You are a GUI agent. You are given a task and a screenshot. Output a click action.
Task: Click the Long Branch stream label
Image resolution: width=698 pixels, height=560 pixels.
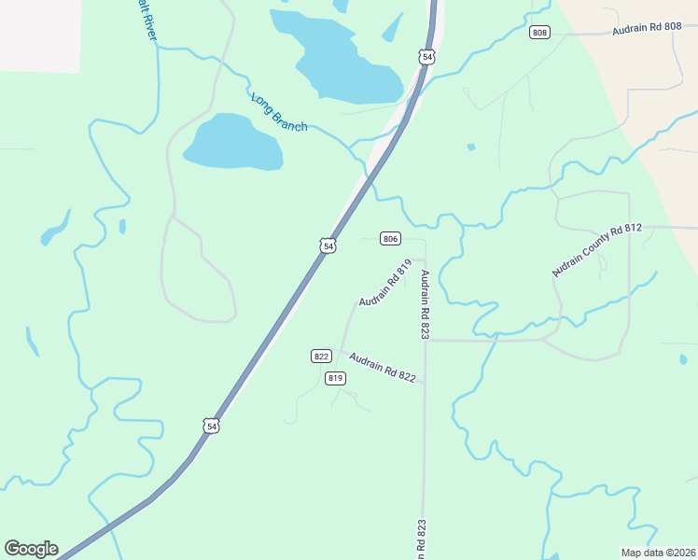coord(278,111)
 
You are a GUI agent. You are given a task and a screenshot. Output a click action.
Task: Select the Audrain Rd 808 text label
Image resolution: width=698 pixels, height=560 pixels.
coord(647,29)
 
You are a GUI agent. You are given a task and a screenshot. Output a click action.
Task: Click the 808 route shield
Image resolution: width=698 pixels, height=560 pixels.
coord(539,33)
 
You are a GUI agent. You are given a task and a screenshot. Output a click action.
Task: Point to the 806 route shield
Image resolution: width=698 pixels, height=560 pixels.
coord(391,239)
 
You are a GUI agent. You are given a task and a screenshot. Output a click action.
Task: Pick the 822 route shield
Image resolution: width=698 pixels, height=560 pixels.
coord(321,357)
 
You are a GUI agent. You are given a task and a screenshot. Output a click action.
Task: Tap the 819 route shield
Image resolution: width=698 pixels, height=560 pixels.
coord(336,378)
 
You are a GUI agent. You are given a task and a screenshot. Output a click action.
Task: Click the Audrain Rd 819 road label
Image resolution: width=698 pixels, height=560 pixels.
coord(385,283)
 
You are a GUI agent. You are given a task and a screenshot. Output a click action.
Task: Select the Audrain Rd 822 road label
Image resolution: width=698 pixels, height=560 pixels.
coord(382,367)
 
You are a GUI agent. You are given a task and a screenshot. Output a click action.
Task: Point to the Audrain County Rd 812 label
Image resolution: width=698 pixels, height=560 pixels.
coord(597,250)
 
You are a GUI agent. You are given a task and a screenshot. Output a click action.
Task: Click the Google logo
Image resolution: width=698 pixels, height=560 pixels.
coord(31,549)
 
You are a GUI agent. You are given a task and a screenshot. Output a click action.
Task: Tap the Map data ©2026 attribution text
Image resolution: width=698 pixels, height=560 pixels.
coord(658,552)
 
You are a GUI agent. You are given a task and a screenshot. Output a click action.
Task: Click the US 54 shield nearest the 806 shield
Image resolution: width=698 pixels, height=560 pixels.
coord(327,245)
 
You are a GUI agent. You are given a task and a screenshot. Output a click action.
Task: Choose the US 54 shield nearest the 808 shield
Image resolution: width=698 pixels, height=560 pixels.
coord(427,58)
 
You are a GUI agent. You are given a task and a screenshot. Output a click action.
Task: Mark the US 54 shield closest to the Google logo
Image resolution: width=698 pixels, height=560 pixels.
coord(212,426)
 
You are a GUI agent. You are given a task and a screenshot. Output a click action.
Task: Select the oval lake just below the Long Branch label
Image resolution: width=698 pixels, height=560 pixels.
coord(233,143)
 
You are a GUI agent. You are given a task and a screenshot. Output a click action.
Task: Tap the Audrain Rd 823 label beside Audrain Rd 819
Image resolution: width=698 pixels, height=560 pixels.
coord(425,304)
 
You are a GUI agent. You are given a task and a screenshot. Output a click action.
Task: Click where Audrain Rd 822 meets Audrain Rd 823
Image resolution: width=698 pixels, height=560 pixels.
coord(425,381)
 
